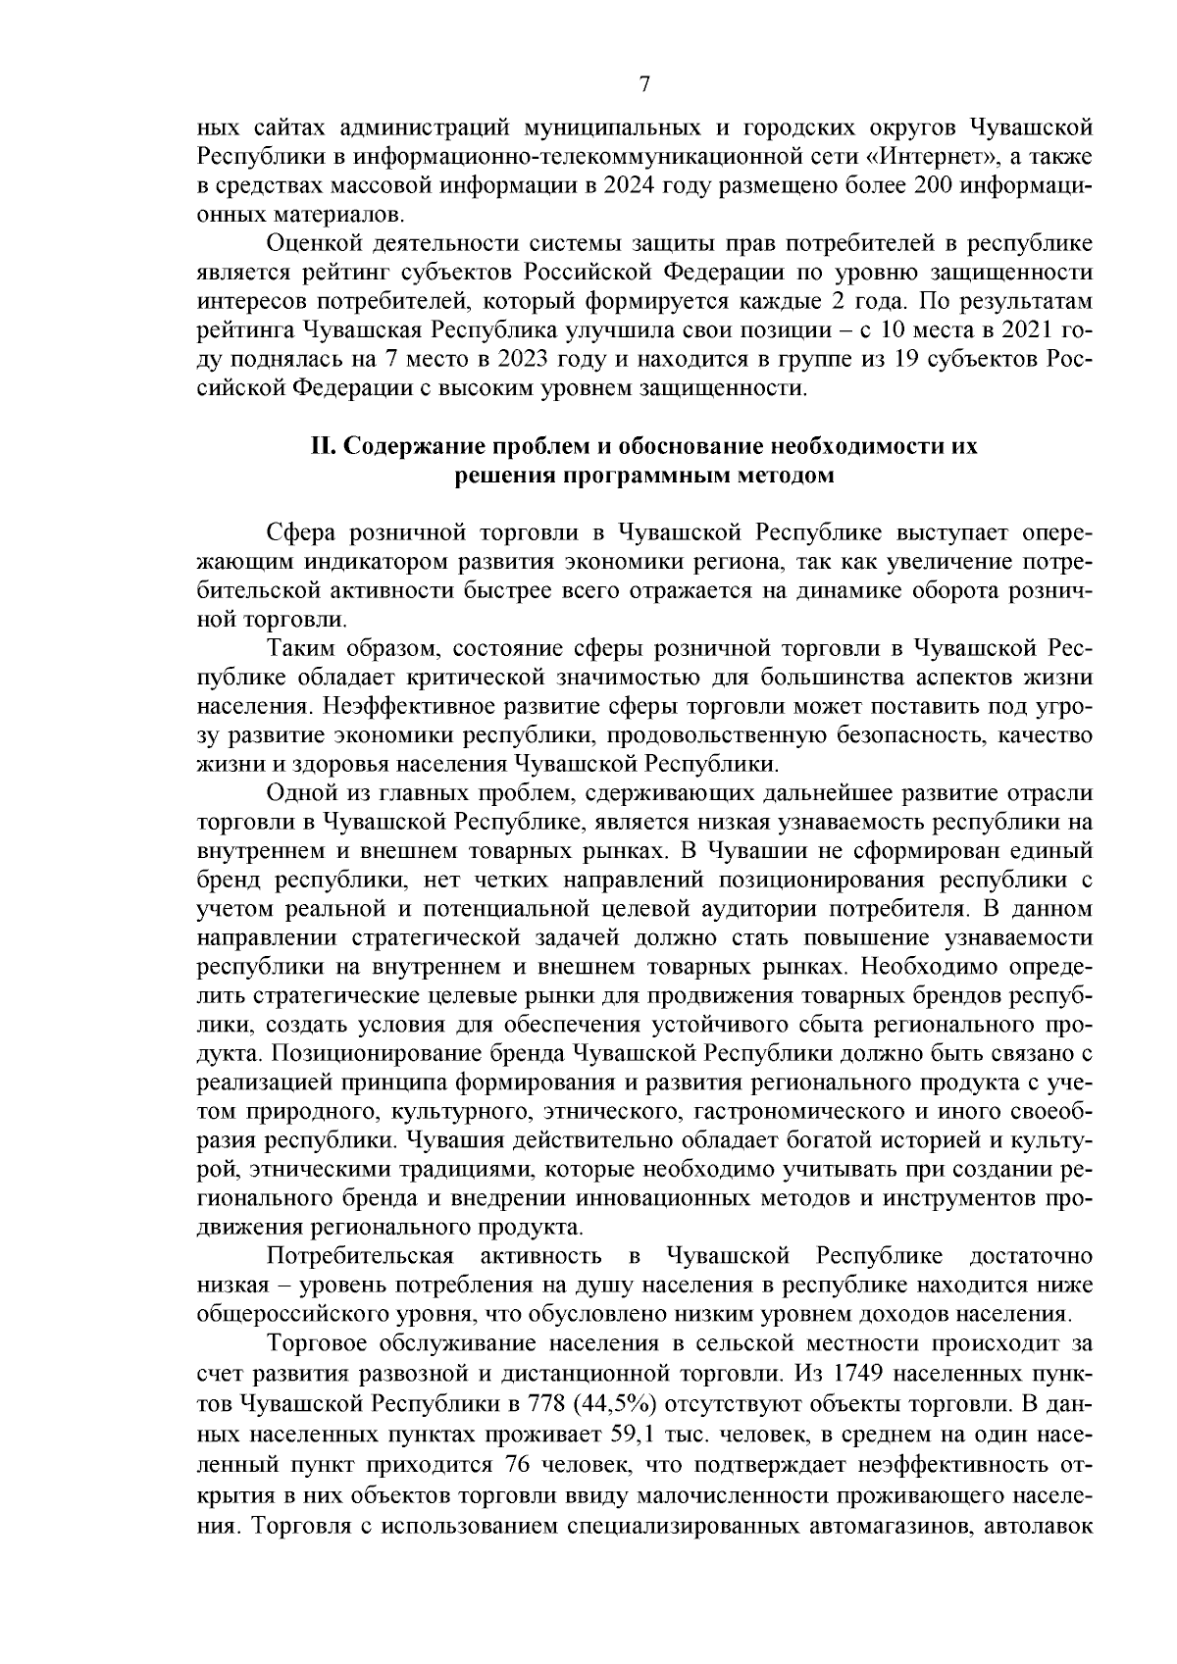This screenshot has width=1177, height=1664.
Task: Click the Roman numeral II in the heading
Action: [324, 447]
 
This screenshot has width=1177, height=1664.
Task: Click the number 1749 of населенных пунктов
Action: [902, 1373]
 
